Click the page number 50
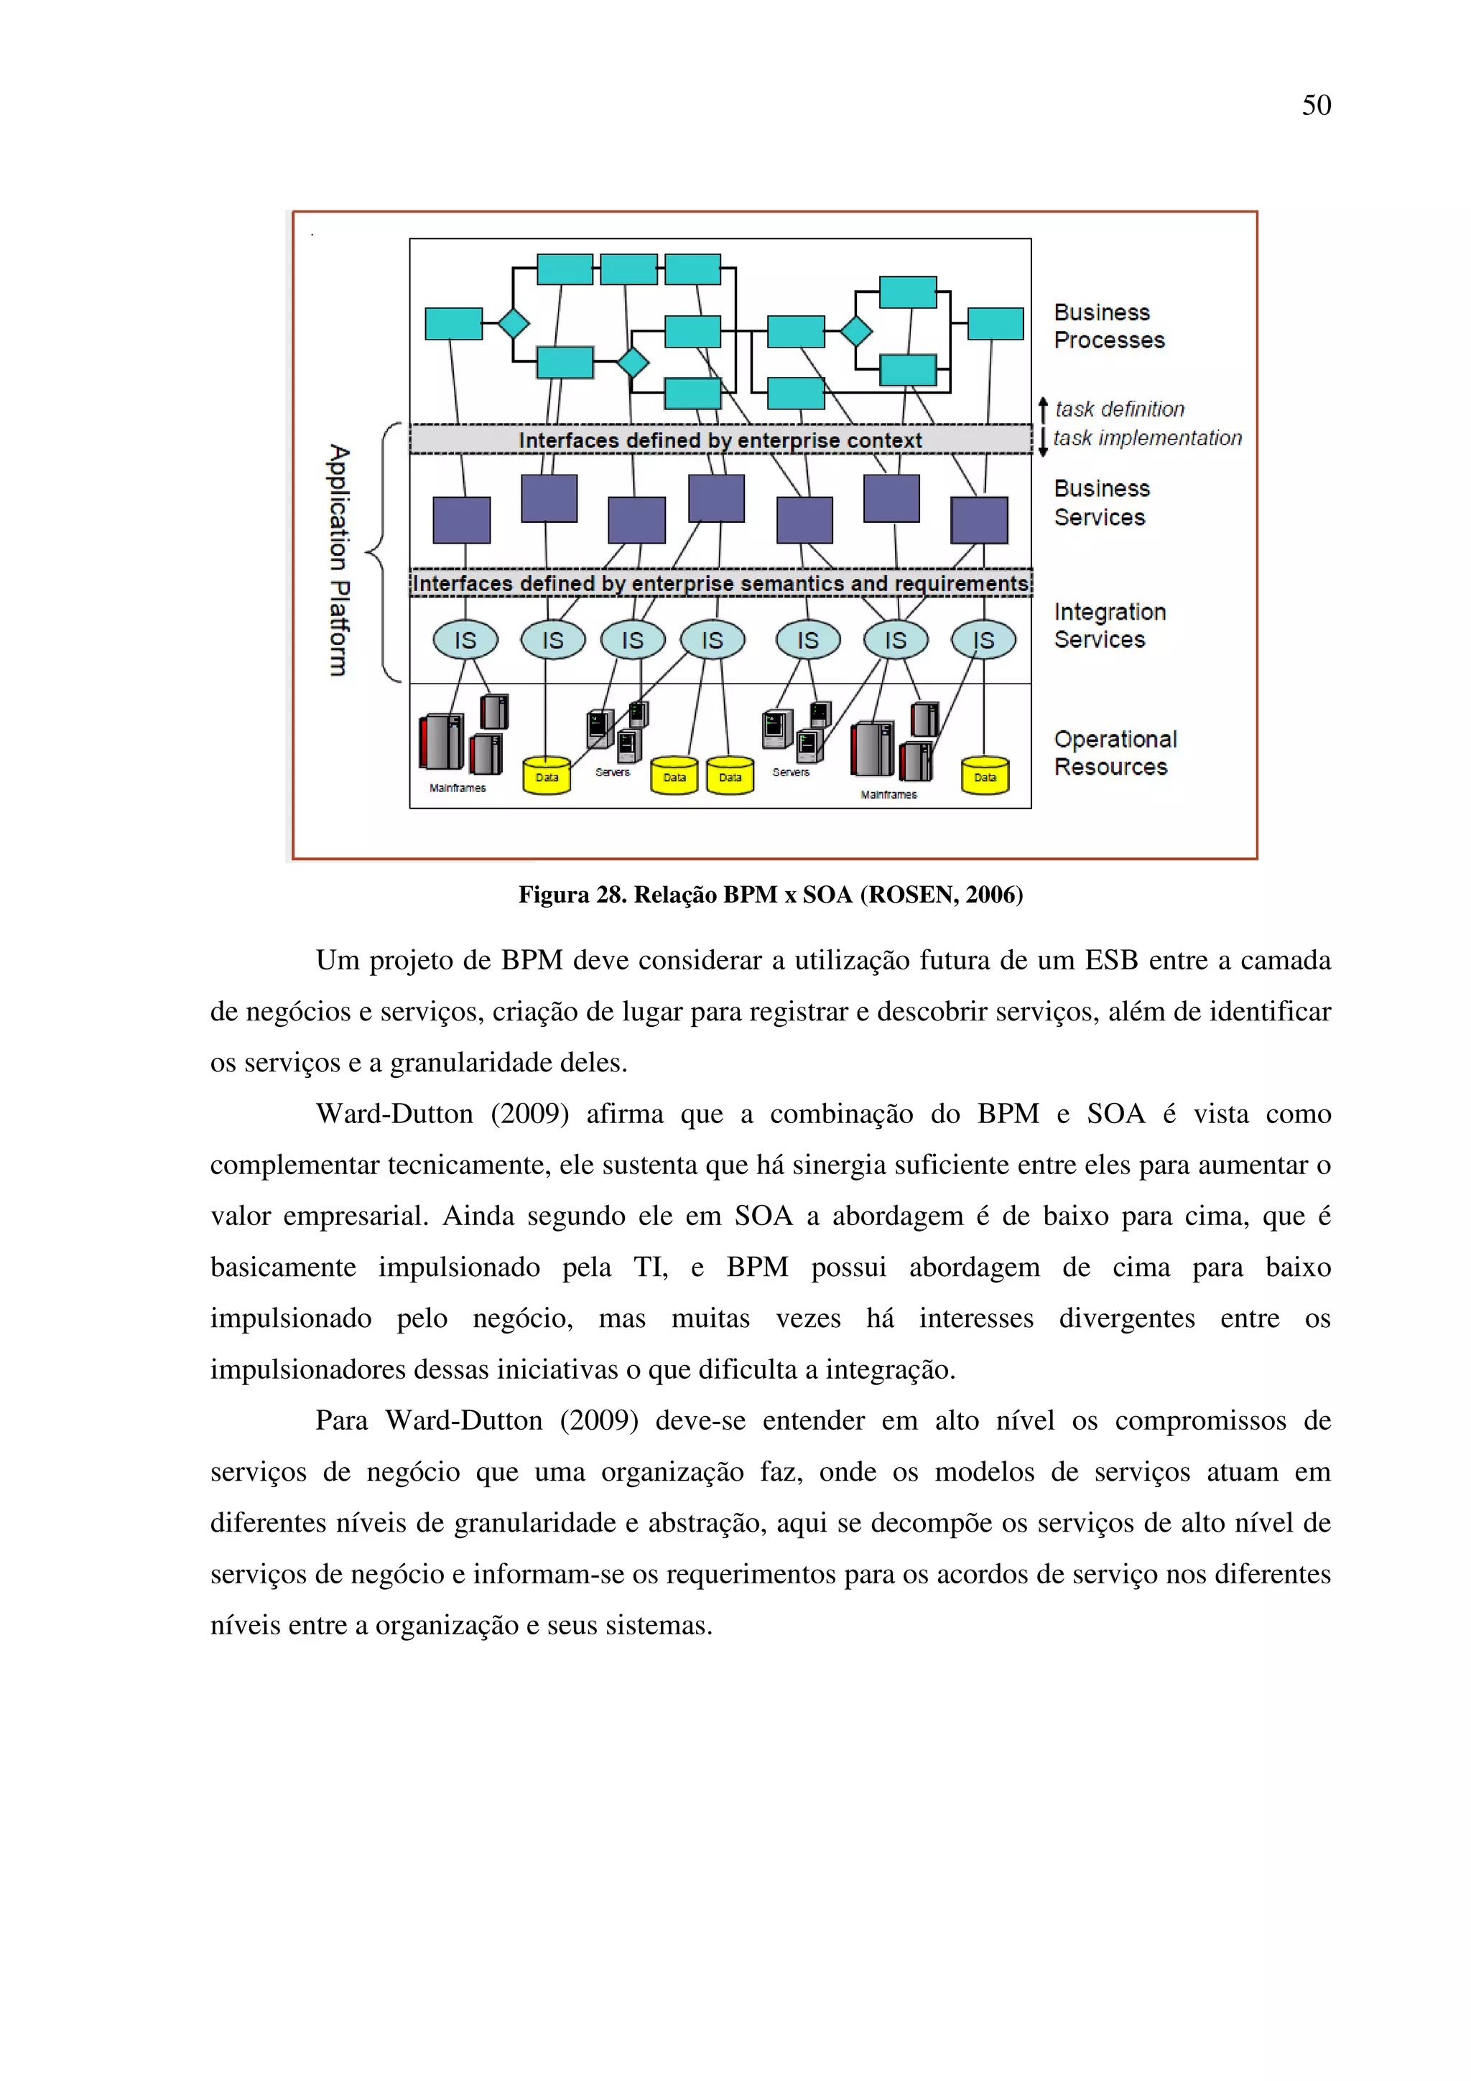click(1316, 105)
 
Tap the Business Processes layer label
click(1108, 326)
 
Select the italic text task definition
click(1119, 410)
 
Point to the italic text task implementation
click(1148, 439)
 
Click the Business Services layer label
click(1101, 503)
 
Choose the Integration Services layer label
click(1110, 625)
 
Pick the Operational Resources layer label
click(1115, 753)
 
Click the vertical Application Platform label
click(338, 560)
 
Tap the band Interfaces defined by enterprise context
click(720, 440)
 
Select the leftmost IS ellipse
click(465, 640)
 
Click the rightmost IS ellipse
click(983, 640)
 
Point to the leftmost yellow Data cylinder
click(547, 776)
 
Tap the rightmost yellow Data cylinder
click(985, 776)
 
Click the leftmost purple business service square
click(461, 519)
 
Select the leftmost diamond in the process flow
click(513, 322)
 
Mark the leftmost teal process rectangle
click(453, 324)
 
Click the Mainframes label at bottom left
click(458, 788)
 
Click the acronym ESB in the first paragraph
click(1111, 961)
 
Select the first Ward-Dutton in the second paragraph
click(394, 1114)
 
